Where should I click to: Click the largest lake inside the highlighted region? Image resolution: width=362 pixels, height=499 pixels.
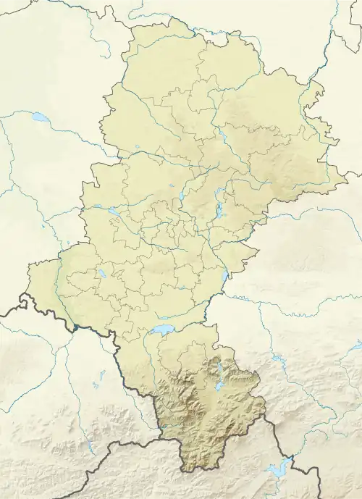[161, 330]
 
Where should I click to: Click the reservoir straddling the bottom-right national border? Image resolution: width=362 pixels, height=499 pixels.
[278, 469]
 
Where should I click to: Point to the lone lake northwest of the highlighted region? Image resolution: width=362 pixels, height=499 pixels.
[40, 117]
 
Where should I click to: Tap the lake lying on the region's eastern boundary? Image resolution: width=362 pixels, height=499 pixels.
[227, 274]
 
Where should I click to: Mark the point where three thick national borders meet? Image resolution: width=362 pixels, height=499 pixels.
[160, 438]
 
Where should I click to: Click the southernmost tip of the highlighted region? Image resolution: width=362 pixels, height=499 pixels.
[184, 471]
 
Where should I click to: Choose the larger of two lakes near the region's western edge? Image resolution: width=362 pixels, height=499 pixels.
[113, 211]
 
